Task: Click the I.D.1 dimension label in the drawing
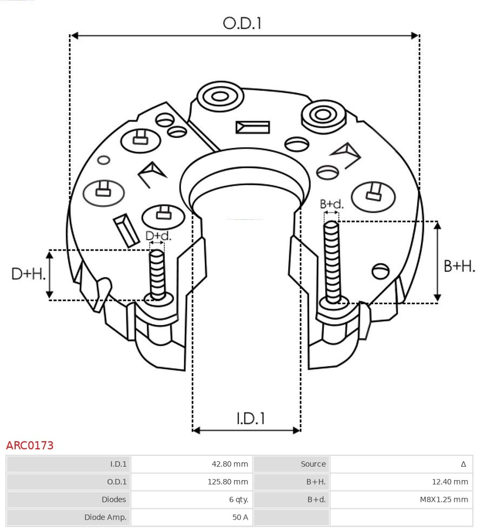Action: [x=250, y=418]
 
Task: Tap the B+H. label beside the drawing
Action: [x=459, y=266]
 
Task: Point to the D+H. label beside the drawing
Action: [x=28, y=274]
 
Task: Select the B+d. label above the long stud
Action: [x=331, y=204]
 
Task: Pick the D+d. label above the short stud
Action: [x=158, y=236]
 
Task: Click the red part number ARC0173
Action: [x=30, y=446]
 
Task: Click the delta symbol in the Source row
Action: [x=463, y=464]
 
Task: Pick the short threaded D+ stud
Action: [x=157, y=274]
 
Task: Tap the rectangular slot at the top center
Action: [x=252, y=127]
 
